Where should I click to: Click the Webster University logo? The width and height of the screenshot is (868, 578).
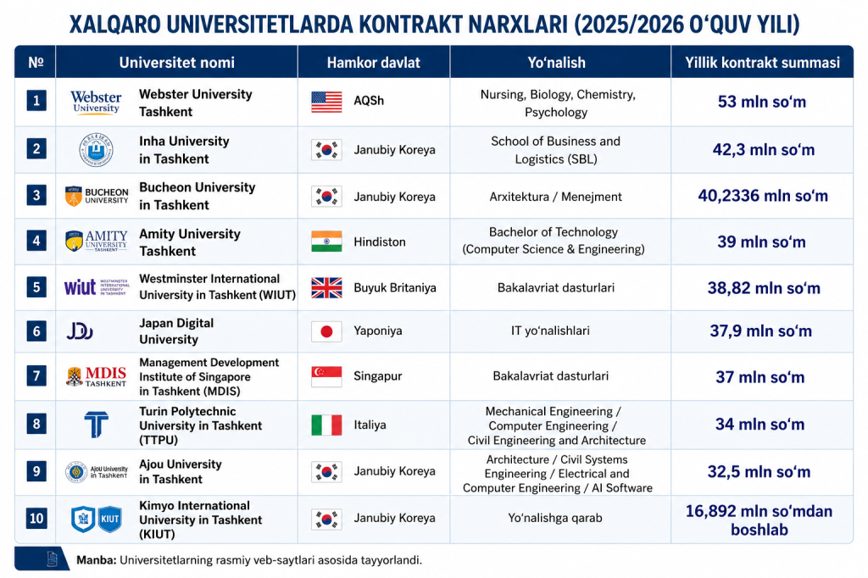tap(96, 102)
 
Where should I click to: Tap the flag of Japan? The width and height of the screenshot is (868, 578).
tap(326, 331)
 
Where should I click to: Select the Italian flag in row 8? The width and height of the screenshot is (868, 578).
tap(326, 425)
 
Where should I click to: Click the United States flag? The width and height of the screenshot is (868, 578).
tap(326, 102)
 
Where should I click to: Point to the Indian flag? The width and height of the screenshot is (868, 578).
tap(326, 242)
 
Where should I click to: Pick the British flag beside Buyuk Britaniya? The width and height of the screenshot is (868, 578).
tap(326, 288)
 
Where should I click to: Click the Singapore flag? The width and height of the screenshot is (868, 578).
tap(326, 376)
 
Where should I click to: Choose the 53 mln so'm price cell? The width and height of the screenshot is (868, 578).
tap(762, 102)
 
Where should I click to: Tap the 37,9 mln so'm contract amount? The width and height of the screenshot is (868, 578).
tap(760, 331)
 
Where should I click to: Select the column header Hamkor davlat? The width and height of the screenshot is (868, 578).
tap(374, 63)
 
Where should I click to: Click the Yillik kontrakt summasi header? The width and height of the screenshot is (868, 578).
tap(762, 63)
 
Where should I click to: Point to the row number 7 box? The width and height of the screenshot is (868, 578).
tap(36, 376)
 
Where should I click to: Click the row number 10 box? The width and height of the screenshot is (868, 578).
tap(36, 518)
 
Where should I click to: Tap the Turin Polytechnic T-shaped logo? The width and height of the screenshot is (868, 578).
tap(97, 425)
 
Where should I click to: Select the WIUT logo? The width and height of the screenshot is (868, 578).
tap(97, 287)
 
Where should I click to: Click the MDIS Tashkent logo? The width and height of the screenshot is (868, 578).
tap(97, 376)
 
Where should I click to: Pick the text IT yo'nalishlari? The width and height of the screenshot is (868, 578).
tap(550, 331)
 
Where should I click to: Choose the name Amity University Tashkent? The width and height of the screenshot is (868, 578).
tap(190, 242)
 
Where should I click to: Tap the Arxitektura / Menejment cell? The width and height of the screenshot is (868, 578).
tap(556, 197)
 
